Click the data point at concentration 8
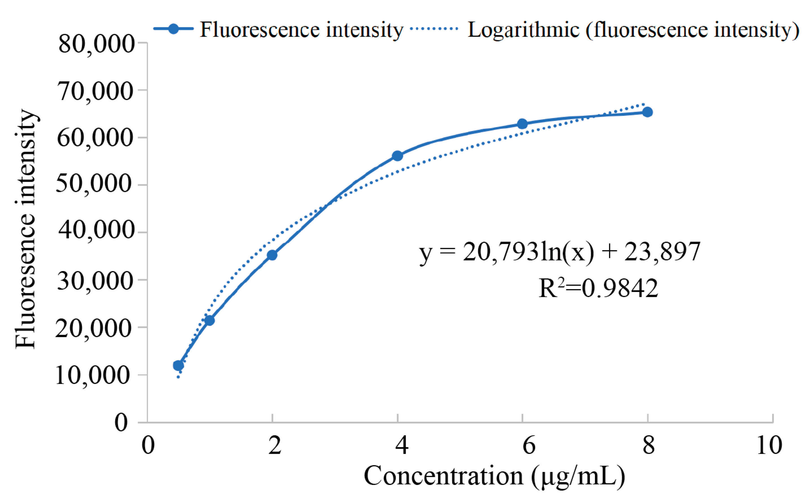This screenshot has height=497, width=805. tap(647, 112)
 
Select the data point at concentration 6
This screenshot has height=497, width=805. tap(522, 124)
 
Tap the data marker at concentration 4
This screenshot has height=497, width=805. tap(397, 156)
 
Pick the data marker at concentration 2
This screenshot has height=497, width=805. tap(272, 255)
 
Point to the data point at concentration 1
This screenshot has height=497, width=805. tap(209, 320)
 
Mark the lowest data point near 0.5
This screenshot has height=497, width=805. tap(178, 365)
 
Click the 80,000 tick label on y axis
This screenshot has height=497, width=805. tap(96, 44)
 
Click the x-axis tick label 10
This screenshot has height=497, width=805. tap(769, 446)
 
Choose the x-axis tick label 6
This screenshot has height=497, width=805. tap(529, 446)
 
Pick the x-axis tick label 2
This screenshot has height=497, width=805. tap(275, 446)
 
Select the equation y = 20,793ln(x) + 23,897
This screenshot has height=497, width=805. tap(560, 252)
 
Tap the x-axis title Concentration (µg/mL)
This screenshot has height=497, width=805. tap(494, 476)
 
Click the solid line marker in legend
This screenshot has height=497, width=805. tap(173, 29)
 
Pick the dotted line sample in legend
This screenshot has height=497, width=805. tap(434, 29)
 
